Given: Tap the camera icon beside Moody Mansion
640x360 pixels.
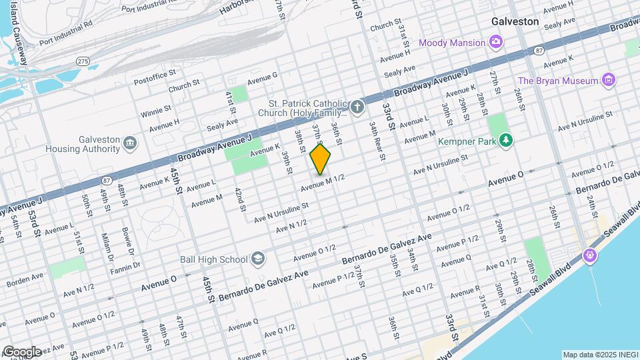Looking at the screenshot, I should [x=496, y=43].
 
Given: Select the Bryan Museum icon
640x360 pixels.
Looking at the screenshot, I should [x=608, y=81].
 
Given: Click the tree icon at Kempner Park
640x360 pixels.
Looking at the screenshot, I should [x=507, y=141].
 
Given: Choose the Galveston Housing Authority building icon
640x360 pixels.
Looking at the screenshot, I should [x=129, y=143].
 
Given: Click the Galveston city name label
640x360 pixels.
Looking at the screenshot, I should [x=515, y=21].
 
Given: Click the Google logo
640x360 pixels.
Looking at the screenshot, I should [x=21, y=351].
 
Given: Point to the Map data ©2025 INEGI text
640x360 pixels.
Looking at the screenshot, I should [x=598, y=355].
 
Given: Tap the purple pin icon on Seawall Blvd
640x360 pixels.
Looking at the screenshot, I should [x=590, y=255].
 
